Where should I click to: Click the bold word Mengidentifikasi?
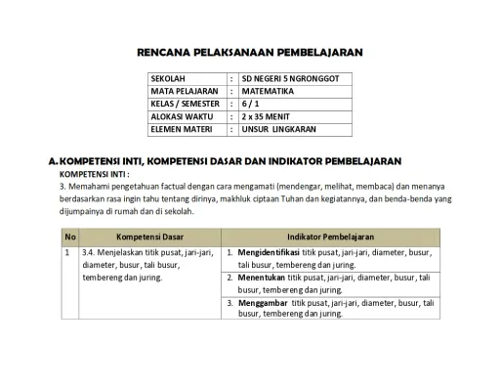[263, 252]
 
